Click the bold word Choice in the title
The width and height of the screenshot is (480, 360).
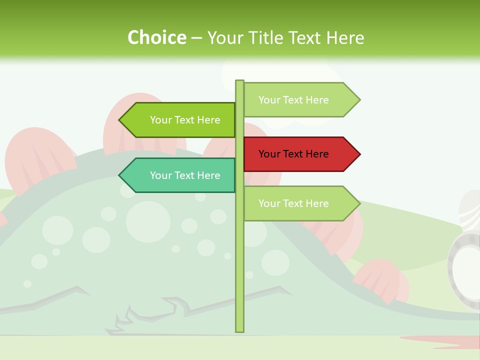pyautogui.click(x=156, y=38)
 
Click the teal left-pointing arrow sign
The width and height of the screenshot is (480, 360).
pyautogui.click(x=180, y=175)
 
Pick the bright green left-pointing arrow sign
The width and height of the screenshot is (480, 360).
pyautogui.click(x=180, y=120)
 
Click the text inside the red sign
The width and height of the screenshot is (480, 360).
pyautogui.click(x=293, y=154)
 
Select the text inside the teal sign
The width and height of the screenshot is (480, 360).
pyautogui.click(x=185, y=175)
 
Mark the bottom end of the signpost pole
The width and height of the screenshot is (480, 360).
pyautogui.click(x=239, y=329)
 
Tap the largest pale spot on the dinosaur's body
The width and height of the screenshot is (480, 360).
pyautogui.click(x=148, y=221)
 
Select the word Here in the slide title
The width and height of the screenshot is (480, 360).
pyautogui.click(x=345, y=38)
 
